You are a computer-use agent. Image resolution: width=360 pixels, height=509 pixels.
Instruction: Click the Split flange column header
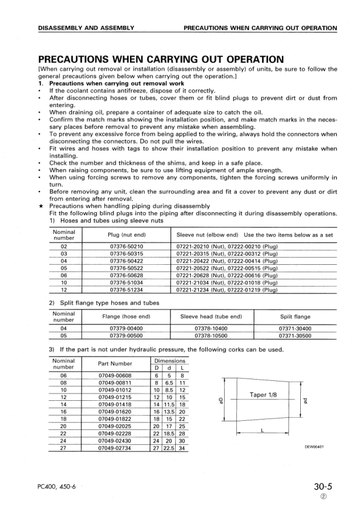tap(295, 316)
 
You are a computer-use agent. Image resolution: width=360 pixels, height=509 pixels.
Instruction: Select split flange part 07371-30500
tap(295, 335)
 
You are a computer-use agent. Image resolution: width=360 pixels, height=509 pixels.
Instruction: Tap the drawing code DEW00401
tap(314, 447)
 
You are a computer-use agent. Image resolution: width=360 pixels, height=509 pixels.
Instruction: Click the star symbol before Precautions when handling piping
tap(40, 206)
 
